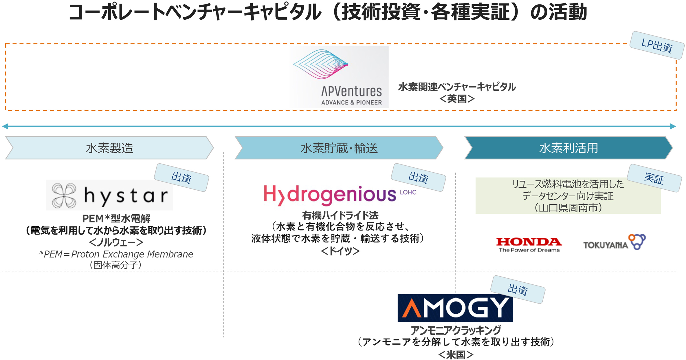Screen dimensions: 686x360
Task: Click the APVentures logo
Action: tap(339, 77)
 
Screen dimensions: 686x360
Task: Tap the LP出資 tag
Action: tap(657, 45)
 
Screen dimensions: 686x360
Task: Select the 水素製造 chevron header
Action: tap(109, 148)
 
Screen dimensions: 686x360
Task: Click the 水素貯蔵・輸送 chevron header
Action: tap(339, 148)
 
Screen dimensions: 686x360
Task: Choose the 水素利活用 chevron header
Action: tap(568, 148)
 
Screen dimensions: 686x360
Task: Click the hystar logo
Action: tap(110, 195)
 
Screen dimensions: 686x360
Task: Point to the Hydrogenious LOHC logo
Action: tap(340, 195)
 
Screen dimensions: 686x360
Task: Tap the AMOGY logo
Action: tap(455, 308)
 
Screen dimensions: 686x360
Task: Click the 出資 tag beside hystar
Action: tap(181, 178)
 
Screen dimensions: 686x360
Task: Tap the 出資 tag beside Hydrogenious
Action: tap(419, 178)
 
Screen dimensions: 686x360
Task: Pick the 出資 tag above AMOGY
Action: tap(518, 289)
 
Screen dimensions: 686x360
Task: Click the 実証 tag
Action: tap(654, 178)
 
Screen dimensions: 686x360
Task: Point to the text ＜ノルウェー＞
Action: tap(116, 242)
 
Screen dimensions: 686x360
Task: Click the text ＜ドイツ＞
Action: tap(340, 251)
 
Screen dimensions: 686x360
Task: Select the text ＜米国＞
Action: tap(456, 354)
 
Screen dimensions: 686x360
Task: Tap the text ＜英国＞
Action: tap(457, 99)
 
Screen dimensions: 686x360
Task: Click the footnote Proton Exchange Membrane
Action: tap(132, 254)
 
